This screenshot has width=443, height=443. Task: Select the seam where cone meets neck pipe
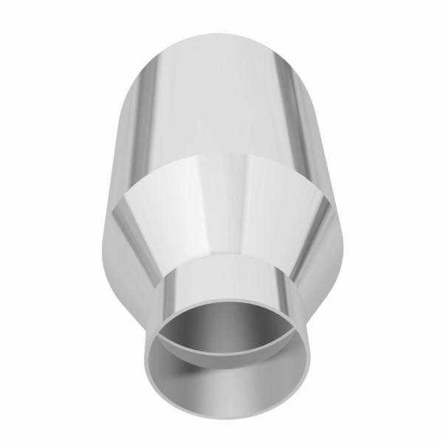pos(221,260)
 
